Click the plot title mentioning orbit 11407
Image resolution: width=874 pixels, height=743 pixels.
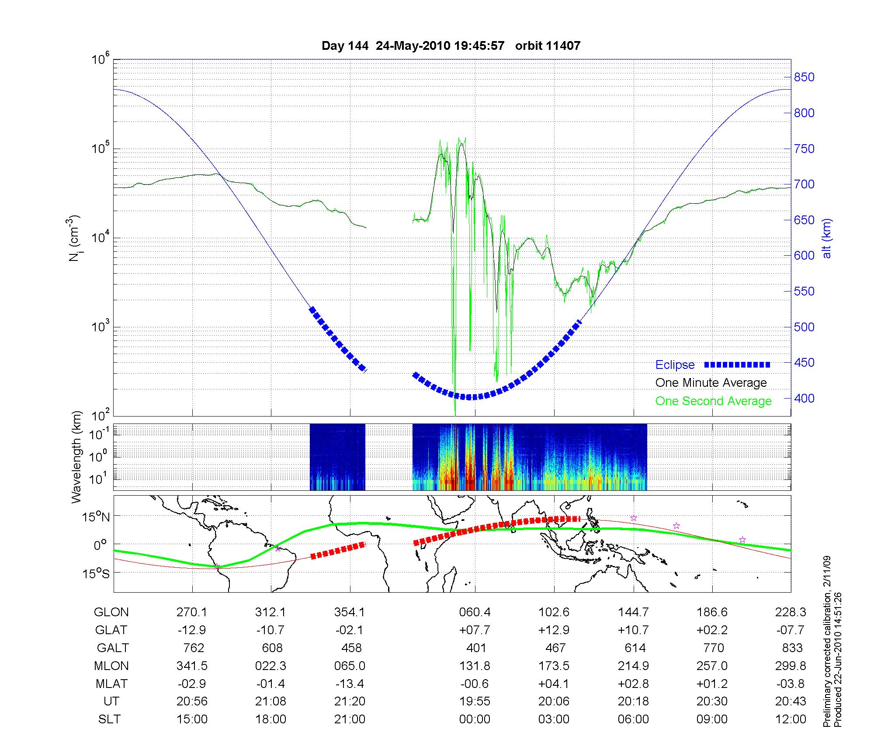point(451,46)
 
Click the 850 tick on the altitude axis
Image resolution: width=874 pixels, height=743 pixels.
point(804,77)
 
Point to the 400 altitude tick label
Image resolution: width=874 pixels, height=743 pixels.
point(804,399)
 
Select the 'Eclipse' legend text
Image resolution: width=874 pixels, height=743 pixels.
point(675,365)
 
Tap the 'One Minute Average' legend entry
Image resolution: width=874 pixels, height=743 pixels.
point(711,383)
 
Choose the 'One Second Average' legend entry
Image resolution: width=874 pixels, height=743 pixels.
point(713,401)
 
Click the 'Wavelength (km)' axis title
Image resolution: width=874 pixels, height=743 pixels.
point(77,457)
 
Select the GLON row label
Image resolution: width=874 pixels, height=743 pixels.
point(111,612)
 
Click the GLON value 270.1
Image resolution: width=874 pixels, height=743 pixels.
point(192,612)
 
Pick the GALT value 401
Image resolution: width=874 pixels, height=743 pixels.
point(476,648)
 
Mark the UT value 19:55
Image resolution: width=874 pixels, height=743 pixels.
point(475,701)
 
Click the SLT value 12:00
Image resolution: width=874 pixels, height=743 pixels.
point(791,719)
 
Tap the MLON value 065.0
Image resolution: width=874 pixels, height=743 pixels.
point(350,666)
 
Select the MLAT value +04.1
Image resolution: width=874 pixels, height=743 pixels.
point(554,684)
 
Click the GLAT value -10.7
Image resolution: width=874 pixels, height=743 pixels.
point(271,630)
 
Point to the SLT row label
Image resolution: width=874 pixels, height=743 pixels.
point(109,719)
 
